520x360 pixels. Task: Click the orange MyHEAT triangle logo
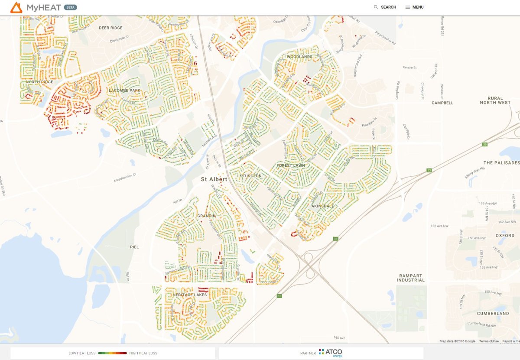click(x=16, y=7)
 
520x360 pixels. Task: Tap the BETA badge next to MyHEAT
click(x=71, y=7)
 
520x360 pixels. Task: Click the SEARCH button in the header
click(x=385, y=7)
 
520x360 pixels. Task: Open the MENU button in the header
click(x=414, y=7)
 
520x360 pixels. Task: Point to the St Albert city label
click(x=214, y=179)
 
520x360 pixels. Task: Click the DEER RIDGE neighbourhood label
click(x=110, y=28)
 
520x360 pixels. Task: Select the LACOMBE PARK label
click(x=125, y=91)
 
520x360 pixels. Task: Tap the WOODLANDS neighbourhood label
click(x=299, y=57)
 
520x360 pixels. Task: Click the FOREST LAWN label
click(x=291, y=165)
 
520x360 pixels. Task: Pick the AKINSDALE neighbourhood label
click(x=323, y=206)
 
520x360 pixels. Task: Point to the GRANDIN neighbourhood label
click(x=206, y=215)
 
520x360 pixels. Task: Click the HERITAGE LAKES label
click(x=190, y=295)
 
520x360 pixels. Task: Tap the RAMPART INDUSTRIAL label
click(x=410, y=278)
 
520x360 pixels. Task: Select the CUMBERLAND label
click(x=493, y=313)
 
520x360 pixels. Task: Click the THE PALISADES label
click(x=501, y=163)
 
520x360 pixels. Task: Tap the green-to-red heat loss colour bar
click(x=112, y=353)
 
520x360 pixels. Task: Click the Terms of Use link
click(x=489, y=341)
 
